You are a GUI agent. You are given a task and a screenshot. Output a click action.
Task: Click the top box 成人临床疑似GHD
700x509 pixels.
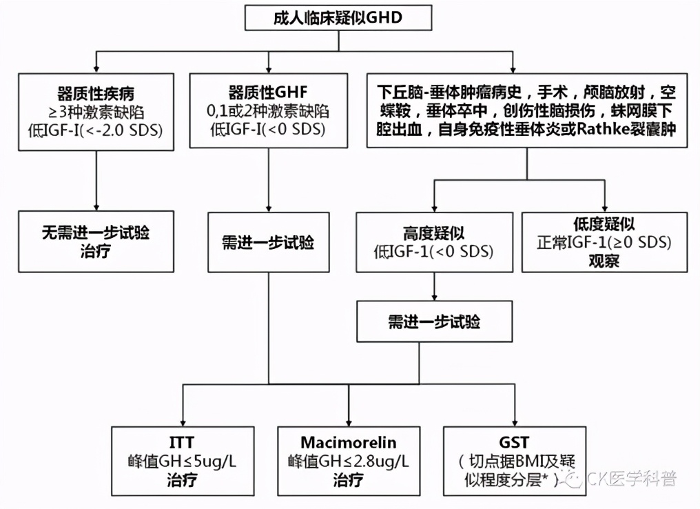click(338, 18)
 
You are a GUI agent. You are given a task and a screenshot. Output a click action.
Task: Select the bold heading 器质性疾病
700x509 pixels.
click(95, 94)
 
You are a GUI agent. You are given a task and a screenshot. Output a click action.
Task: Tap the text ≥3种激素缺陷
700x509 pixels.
click(95, 111)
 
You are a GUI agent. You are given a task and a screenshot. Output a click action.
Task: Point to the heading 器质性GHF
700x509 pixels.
click(267, 94)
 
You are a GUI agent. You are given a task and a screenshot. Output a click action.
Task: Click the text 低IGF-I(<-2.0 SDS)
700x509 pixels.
click(95, 129)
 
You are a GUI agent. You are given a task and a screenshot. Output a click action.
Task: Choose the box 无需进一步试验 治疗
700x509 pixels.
click(95, 241)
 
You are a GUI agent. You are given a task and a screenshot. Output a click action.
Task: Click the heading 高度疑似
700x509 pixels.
click(434, 233)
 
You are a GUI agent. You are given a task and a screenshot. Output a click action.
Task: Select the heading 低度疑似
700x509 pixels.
click(604, 225)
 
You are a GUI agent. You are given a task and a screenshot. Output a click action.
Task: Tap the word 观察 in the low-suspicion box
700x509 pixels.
click(604, 260)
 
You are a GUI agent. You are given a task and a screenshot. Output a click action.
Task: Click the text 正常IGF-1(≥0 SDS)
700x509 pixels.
click(604, 243)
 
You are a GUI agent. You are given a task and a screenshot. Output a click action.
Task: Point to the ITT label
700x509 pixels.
click(182, 443)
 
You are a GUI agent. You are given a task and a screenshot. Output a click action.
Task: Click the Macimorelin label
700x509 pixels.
click(349, 443)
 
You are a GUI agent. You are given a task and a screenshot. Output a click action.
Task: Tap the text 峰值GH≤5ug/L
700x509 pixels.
click(182, 461)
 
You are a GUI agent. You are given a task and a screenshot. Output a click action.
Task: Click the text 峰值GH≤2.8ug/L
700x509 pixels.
click(349, 461)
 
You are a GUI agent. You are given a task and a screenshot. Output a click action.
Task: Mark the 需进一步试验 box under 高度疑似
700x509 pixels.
click(434, 322)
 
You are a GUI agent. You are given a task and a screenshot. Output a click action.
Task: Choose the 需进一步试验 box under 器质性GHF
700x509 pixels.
click(267, 243)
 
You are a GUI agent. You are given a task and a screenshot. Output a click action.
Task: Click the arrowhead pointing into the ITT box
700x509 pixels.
click(182, 422)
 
